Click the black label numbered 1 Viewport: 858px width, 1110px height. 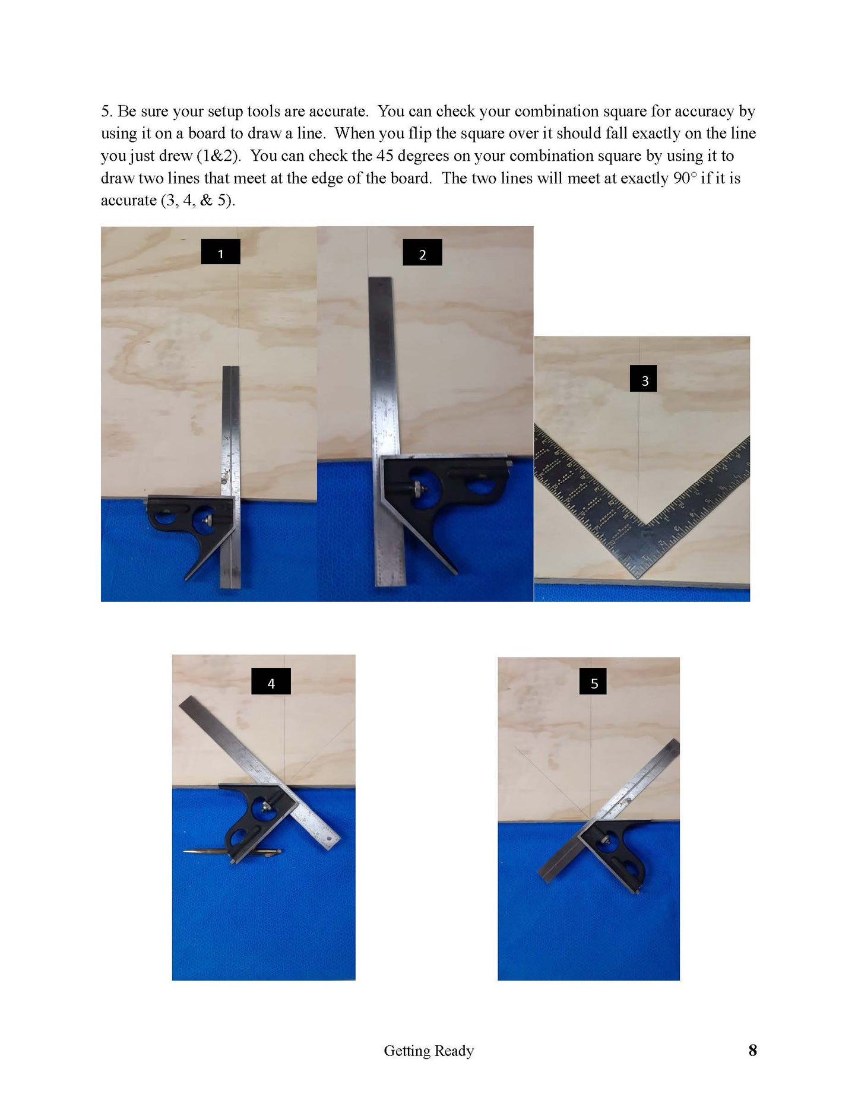click(220, 252)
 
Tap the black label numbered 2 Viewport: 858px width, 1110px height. click(422, 252)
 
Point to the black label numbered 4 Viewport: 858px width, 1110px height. click(271, 681)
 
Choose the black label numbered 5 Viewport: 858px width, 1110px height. click(594, 681)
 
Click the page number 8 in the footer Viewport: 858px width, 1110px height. click(752, 1050)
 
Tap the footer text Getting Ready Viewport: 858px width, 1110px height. click(429, 1051)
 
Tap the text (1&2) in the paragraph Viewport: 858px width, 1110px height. click(219, 156)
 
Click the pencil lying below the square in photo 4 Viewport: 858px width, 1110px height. click(232, 853)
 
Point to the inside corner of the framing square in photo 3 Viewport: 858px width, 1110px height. click(644, 525)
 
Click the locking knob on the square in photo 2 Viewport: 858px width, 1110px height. click(420, 489)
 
